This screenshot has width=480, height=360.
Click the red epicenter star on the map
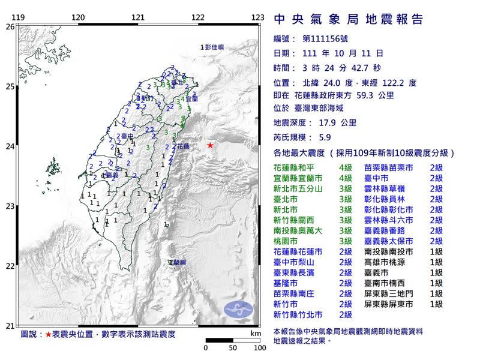(210, 145)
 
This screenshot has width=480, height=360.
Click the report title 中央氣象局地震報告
(349, 19)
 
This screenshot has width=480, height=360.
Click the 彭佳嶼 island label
(212, 47)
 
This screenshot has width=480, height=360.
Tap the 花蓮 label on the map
(183, 146)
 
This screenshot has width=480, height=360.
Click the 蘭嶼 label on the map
(178, 262)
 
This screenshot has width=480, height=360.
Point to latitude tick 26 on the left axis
(9, 27)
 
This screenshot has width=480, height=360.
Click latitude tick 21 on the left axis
(9, 326)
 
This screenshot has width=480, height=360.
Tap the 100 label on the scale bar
(259, 347)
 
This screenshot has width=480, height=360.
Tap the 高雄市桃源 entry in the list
(386, 262)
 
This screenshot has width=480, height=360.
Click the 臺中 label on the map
(127, 137)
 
